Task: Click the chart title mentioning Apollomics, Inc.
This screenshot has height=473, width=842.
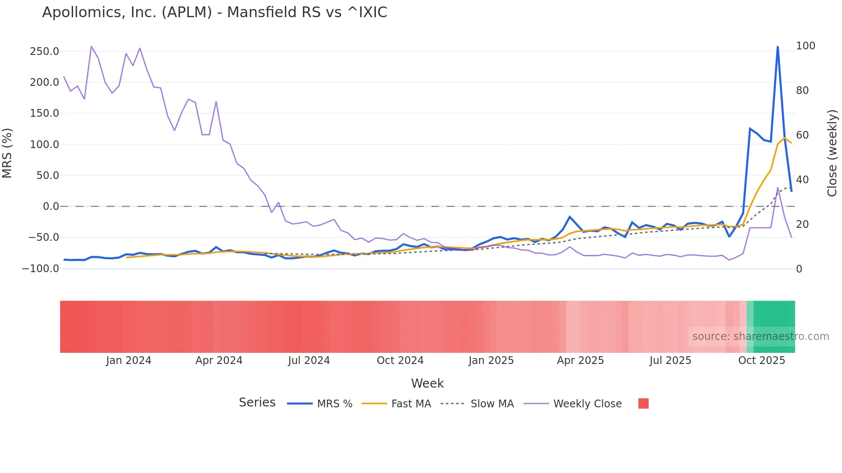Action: [x=214, y=12]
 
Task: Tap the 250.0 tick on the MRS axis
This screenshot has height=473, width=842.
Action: [x=44, y=52]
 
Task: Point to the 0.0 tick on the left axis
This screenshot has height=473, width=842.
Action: [x=51, y=206]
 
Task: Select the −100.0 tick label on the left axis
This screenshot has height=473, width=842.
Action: [x=40, y=269]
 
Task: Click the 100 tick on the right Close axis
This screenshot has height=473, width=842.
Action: [x=805, y=46]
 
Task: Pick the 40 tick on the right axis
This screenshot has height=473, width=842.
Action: [x=802, y=180]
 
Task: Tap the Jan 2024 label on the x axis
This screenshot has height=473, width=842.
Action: [x=128, y=361]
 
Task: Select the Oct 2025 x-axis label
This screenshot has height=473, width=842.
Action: [x=761, y=361]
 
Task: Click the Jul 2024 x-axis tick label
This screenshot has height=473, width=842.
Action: [x=309, y=361]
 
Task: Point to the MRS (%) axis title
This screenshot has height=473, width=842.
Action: [x=7, y=153]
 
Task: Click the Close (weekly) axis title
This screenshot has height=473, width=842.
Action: [x=833, y=153]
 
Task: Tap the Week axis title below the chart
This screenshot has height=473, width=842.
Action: [x=427, y=383]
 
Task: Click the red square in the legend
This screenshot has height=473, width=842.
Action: [x=643, y=403]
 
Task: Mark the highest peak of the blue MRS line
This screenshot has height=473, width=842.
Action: [x=778, y=47]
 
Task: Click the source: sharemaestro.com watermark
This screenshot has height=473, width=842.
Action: [x=760, y=337]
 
